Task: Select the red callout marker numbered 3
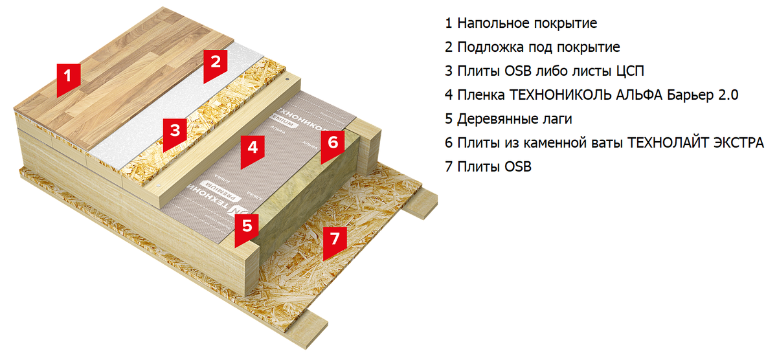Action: click(x=174, y=131)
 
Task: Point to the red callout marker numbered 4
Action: click(x=253, y=148)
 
